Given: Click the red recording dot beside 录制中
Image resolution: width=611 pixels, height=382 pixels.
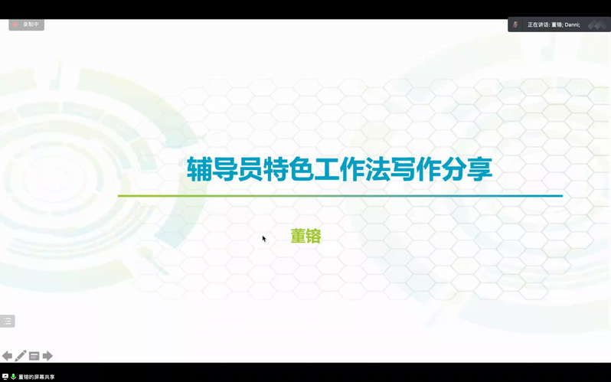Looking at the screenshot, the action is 15,24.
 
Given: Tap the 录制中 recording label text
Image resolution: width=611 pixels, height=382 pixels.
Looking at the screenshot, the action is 31,24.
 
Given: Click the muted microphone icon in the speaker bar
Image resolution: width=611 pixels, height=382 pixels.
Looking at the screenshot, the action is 515,24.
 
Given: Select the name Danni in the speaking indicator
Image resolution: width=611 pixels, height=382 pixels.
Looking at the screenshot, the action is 572,24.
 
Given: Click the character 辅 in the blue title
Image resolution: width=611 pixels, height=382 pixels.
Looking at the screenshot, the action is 199,169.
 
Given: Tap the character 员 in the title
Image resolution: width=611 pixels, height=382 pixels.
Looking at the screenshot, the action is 250,169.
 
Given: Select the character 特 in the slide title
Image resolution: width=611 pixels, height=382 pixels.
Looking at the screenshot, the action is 276,169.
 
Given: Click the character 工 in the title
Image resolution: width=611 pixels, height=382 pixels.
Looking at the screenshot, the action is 326,169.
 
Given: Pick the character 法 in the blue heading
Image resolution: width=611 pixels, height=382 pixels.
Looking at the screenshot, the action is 377,169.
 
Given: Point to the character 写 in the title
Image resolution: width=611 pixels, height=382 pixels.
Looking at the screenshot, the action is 403,169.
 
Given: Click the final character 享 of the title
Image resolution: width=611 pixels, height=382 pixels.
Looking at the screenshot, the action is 479,169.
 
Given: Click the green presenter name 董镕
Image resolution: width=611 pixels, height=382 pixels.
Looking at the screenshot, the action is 306,237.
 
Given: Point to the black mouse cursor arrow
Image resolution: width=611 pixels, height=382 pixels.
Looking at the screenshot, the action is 264,239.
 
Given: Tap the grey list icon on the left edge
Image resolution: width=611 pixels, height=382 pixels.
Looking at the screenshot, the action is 7,322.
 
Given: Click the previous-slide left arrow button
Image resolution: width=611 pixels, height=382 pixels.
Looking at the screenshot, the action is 7,356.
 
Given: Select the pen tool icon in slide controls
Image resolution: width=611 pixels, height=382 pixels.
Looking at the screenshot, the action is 20,355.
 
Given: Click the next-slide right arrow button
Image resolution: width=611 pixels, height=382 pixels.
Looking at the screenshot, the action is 47,356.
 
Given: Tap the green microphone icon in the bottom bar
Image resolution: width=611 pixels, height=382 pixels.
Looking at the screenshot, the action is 13,377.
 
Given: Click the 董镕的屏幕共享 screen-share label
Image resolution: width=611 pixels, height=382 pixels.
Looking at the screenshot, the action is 37,377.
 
